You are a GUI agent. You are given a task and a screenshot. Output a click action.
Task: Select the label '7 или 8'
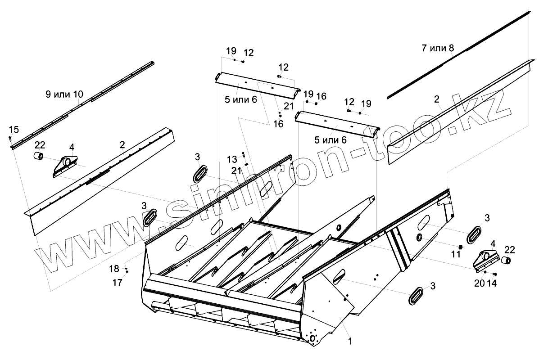pyautogui.click(x=438, y=48)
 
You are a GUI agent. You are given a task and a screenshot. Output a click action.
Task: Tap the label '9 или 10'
pyautogui.click(x=64, y=94)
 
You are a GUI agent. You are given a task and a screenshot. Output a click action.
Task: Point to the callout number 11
pyautogui.click(x=456, y=254)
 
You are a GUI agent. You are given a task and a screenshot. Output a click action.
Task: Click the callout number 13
pyautogui.click(x=231, y=159)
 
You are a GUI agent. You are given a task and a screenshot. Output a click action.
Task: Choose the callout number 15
pyautogui.click(x=14, y=130)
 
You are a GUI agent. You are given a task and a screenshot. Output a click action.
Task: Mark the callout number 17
pyautogui.click(x=117, y=283)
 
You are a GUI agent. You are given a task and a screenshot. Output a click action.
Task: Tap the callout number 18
pyautogui.click(x=115, y=269)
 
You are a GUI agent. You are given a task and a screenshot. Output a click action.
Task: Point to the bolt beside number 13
pyautogui.click(x=243, y=154)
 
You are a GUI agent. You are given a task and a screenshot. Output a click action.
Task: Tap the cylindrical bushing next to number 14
pyautogui.click(x=507, y=261)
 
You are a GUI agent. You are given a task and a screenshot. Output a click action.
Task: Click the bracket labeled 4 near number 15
pyautogui.click(x=66, y=165)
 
